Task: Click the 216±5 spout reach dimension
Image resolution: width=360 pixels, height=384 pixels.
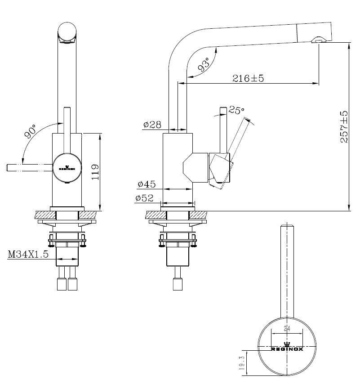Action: point(248,78)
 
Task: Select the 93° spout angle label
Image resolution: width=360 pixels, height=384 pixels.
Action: point(204,66)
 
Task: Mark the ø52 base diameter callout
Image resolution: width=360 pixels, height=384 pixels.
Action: point(144,197)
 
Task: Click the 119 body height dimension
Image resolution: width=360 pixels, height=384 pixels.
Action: point(95,171)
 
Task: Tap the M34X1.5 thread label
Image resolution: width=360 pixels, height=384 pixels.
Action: point(28,254)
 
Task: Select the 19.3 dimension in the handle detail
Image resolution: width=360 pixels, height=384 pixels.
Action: point(242,363)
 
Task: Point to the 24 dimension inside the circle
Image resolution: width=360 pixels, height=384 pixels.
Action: point(287,329)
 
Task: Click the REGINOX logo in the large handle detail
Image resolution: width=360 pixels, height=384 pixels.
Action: point(287,348)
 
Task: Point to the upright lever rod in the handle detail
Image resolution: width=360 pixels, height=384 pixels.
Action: point(287,270)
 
